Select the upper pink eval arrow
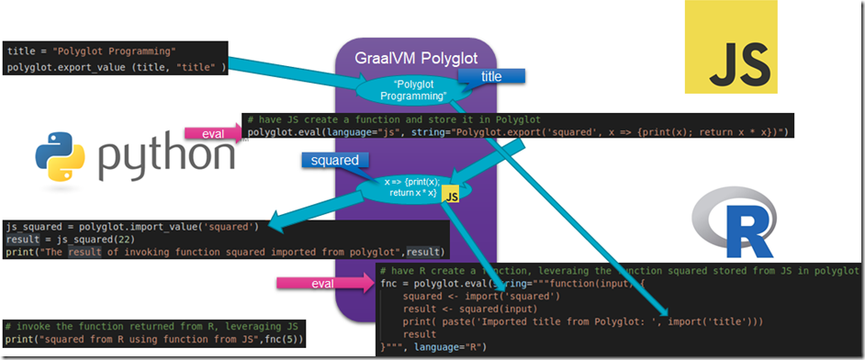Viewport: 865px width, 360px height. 212,134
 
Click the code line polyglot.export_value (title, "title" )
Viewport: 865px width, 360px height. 116,67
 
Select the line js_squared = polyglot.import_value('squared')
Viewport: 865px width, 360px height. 132,226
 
